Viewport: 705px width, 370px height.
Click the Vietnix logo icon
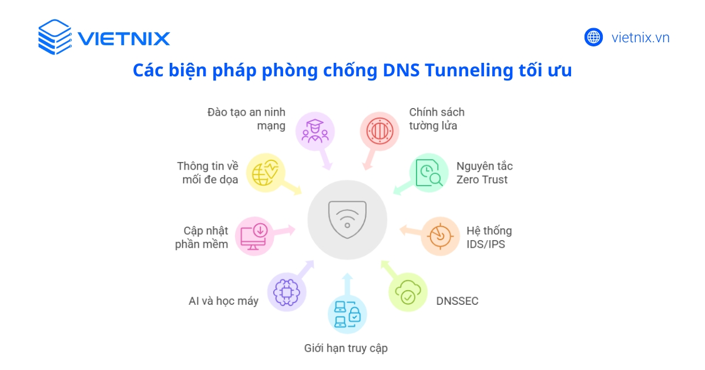coord(55,38)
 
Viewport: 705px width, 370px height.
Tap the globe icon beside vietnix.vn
coord(593,38)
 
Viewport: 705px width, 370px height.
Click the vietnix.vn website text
coord(640,38)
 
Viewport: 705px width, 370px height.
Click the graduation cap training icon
coord(315,132)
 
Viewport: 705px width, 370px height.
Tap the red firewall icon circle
coord(380,132)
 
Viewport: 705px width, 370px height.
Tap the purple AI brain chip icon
coord(287,291)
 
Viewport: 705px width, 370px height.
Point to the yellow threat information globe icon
coord(265,173)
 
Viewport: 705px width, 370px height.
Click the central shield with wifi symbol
coord(347,219)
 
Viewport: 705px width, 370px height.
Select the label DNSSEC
coord(457,301)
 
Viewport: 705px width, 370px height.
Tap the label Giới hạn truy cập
coord(345,348)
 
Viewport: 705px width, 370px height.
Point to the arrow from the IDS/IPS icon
coord(409,230)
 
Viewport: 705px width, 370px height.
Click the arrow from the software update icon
coord(285,230)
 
